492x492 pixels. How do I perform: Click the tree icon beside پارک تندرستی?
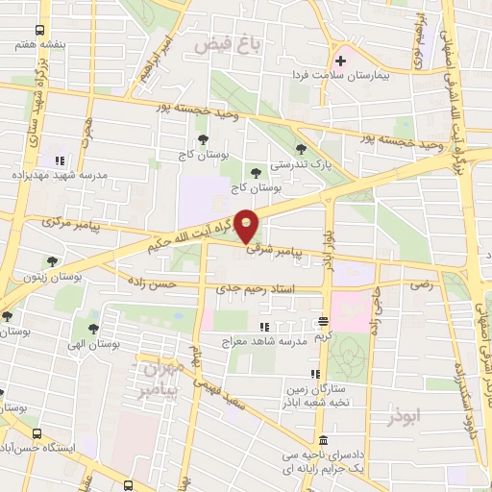(302, 148)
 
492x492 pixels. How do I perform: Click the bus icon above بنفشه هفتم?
(38, 31)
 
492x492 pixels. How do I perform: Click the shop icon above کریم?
(323, 322)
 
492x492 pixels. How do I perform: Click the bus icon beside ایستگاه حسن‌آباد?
(37, 433)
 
